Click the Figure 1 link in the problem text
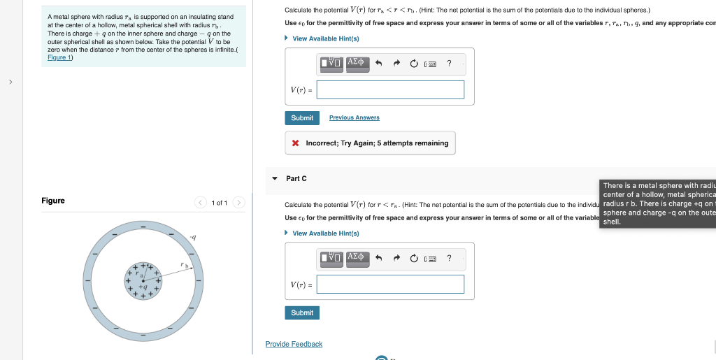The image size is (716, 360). [x=59, y=57]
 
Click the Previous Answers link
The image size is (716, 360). [x=354, y=117]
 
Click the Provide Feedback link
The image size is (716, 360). [x=294, y=344]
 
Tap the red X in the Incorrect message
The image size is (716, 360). [x=296, y=143]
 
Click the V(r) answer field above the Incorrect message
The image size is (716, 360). [x=390, y=89]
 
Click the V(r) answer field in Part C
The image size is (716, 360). [x=390, y=284]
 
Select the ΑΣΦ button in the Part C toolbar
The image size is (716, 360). [x=356, y=258]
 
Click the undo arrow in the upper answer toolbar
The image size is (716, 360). [x=378, y=64]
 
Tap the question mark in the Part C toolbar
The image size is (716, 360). [x=449, y=259]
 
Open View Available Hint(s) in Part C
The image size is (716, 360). [x=325, y=233]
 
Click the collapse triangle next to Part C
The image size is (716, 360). [x=274, y=179]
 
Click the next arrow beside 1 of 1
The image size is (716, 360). [x=238, y=203]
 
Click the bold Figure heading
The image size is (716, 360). [x=53, y=201]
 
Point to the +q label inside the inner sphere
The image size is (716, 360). [x=142, y=287]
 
